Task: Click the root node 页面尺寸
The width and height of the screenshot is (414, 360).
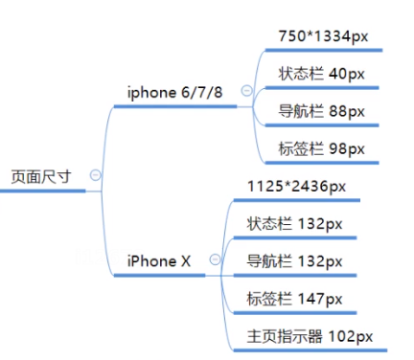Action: click(x=40, y=176)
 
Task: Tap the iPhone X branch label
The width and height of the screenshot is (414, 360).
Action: click(x=158, y=260)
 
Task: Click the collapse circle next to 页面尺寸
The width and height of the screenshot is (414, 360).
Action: click(x=95, y=174)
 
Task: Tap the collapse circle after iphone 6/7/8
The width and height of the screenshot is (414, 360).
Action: click(x=246, y=91)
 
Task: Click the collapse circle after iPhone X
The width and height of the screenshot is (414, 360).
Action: click(x=215, y=259)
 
